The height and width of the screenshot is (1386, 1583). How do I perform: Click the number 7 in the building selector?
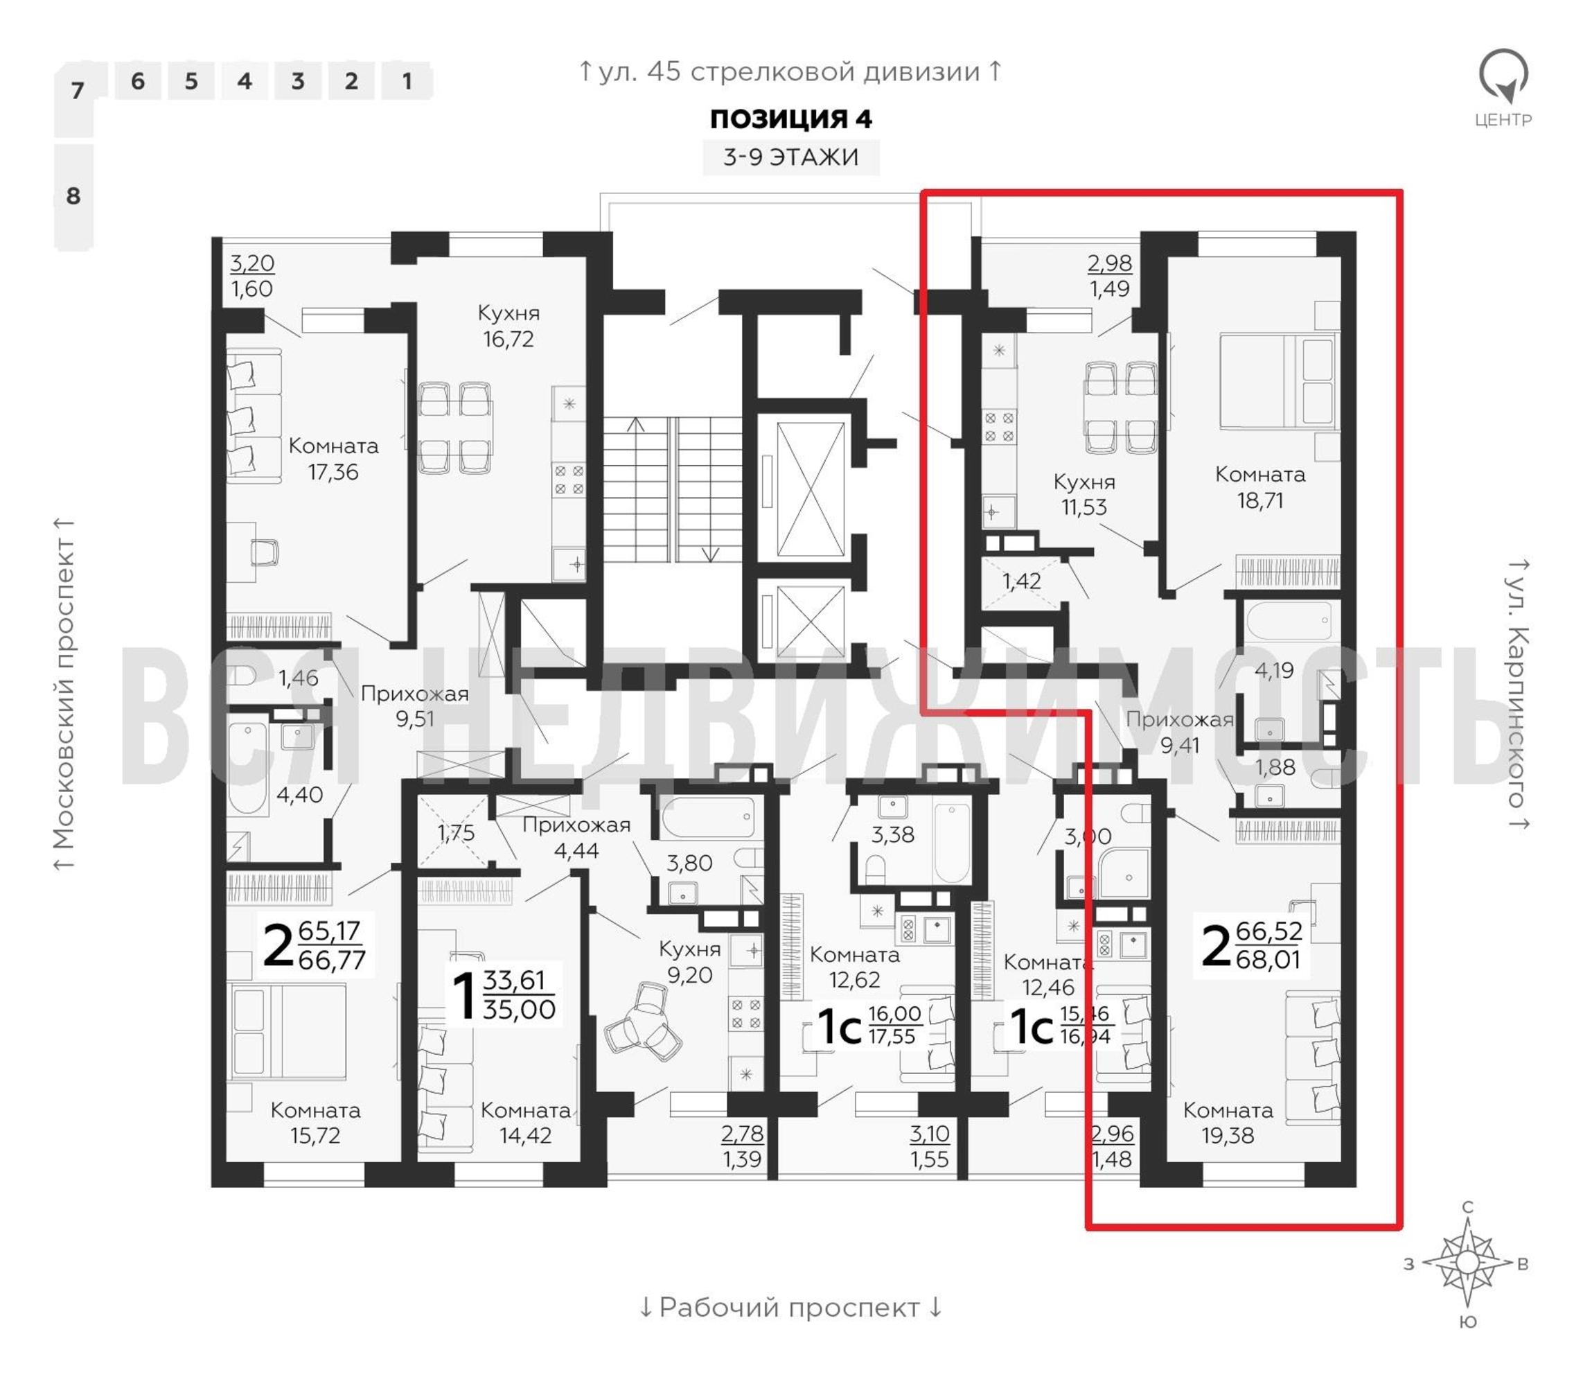click(x=77, y=91)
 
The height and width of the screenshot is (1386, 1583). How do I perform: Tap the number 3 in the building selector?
click(x=298, y=81)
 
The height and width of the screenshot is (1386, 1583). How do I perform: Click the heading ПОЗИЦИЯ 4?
click(x=790, y=119)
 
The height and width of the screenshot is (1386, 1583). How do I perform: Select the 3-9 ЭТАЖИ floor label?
click(x=790, y=157)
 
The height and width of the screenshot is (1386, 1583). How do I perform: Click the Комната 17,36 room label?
click(x=333, y=459)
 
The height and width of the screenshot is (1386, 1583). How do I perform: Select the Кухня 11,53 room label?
click(x=1084, y=494)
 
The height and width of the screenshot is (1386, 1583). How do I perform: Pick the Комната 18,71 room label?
click(x=1259, y=487)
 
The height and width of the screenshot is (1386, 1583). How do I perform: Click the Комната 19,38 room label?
click(x=1228, y=1123)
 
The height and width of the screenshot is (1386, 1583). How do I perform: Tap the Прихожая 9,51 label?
click(x=414, y=706)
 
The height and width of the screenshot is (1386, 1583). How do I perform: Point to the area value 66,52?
click(x=1269, y=931)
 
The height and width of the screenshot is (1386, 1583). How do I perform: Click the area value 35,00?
click(x=519, y=1009)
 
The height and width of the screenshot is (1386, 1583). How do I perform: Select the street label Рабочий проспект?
click(x=790, y=1307)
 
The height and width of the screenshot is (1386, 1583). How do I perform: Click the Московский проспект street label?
click(x=64, y=694)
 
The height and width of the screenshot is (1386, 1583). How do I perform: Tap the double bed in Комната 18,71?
click(x=1279, y=380)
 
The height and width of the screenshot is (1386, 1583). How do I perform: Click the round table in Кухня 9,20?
click(x=644, y=1021)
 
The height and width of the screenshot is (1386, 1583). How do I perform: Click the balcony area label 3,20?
click(x=252, y=263)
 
